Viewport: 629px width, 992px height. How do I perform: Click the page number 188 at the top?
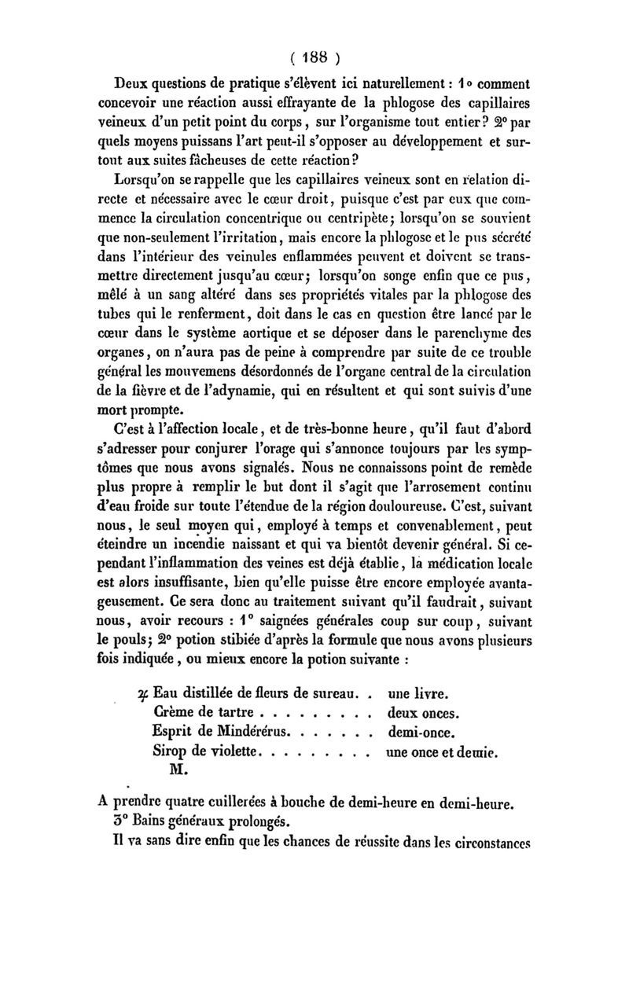(x=314, y=57)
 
